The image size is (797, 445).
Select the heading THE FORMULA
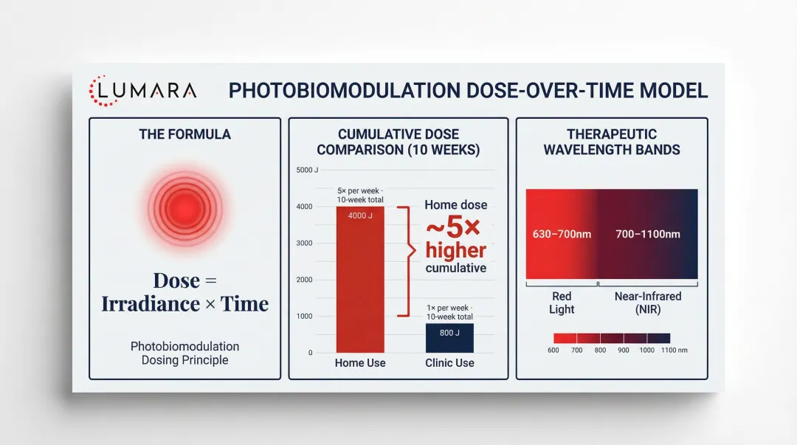click(184, 134)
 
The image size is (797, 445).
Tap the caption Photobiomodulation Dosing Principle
click(184, 353)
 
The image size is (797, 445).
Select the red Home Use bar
click(360, 280)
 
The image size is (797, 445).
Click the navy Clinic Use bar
click(449, 339)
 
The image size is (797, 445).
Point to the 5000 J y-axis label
click(307, 170)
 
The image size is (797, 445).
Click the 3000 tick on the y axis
click(305, 244)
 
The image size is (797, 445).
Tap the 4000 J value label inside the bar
click(360, 215)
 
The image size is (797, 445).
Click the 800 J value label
click(449, 333)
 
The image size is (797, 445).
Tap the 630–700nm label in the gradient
click(562, 234)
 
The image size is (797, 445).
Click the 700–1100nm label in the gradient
click(648, 234)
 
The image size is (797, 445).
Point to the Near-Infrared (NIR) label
click(648, 303)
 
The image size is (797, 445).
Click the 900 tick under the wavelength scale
click(624, 350)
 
